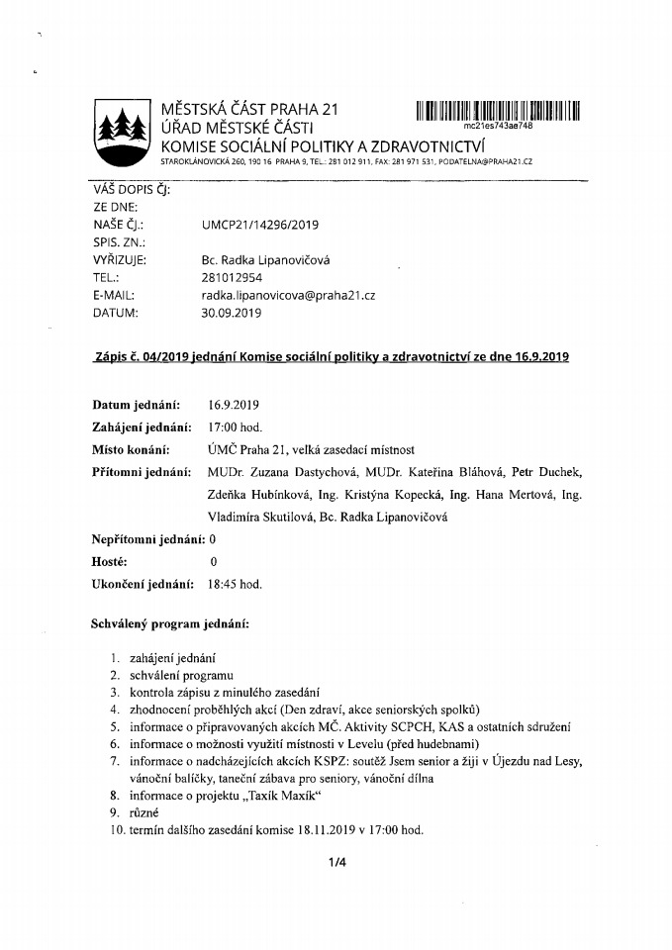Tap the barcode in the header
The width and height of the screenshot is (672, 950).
click(x=497, y=110)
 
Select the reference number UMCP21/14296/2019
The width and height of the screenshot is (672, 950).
click(x=259, y=225)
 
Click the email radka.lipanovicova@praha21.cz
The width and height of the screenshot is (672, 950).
click(x=288, y=295)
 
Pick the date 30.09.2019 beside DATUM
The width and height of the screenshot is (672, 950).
click(x=231, y=313)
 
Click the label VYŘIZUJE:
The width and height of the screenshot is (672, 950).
click(x=120, y=260)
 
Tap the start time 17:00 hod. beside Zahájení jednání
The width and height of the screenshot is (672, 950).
click(x=235, y=427)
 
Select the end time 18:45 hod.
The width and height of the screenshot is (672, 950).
click(x=235, y=584)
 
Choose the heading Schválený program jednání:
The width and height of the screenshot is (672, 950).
click(x=171, y=625)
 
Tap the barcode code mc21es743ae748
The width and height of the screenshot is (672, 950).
click(x=498, y=127)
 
